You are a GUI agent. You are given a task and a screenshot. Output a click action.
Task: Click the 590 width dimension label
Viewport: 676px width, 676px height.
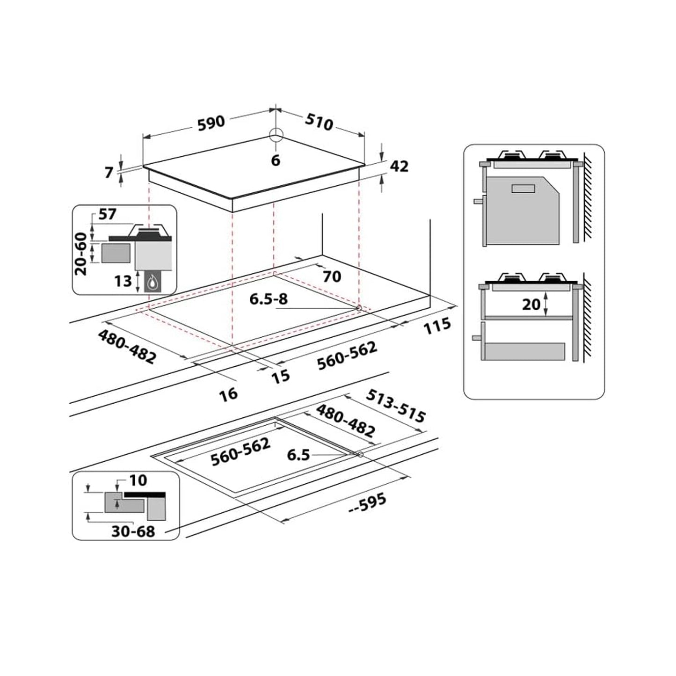click(211, 123)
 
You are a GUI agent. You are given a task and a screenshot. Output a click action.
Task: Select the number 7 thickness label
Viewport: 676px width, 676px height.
click(109, 172)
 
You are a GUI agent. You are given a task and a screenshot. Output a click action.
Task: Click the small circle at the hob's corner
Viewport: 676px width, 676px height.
click(276, 135)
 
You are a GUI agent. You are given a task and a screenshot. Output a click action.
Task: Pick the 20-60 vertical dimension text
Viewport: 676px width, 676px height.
click(81, 254)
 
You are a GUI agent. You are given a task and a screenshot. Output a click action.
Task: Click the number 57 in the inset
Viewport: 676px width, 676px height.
click(107, 215)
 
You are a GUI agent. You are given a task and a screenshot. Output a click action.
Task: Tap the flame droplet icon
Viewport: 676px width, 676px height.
click(153, 282)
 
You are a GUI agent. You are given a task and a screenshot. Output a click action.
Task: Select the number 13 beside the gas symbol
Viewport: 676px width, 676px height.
click(123, 281)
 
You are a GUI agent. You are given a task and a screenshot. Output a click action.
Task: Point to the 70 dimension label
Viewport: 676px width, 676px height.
click(332, 276)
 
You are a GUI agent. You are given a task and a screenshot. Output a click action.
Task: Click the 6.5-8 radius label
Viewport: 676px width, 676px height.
click(269, 299)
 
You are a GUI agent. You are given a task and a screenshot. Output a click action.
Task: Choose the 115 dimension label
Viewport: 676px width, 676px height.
click(437, 326)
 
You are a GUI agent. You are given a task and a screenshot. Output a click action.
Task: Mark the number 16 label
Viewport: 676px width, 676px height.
click(229, 394)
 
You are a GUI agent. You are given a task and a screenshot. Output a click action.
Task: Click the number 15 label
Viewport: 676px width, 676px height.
click(281, 376)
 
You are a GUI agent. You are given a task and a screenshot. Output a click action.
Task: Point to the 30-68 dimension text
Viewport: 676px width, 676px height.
click(133, 531)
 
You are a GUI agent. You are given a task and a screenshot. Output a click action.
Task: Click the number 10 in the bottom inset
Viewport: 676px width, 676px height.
click(138, 480)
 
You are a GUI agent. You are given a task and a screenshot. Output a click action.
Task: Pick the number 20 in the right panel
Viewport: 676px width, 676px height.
click(531, 305)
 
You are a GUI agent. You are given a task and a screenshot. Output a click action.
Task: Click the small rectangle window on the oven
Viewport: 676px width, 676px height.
click(523, 189)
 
